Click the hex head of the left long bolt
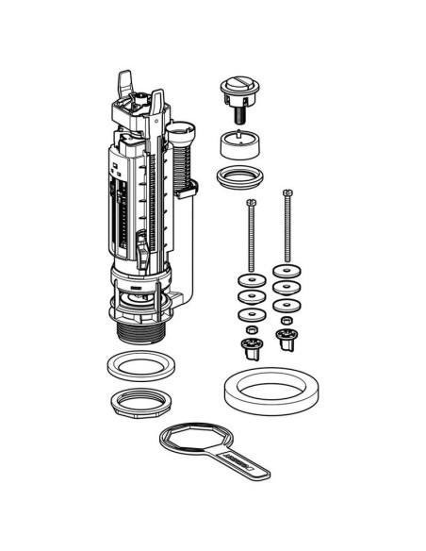click(251, 203)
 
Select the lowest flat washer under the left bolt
click(250, 312)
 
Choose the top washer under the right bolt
click(286, 272)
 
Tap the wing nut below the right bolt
click(286, 341)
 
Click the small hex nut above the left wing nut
click(251, 331)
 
